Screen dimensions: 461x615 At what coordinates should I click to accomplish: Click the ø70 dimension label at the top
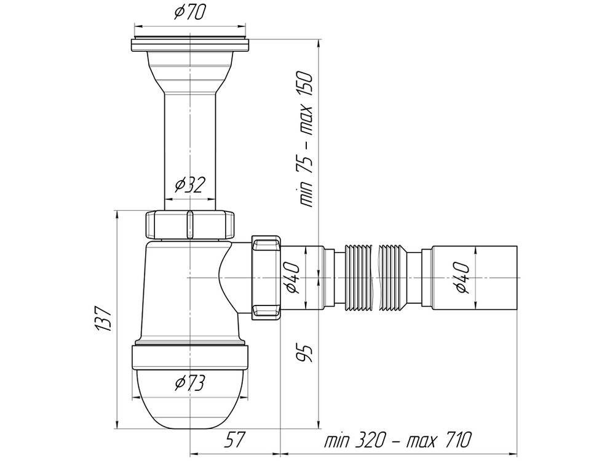click(190, 12)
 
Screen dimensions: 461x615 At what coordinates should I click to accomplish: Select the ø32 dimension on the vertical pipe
click(189, 184)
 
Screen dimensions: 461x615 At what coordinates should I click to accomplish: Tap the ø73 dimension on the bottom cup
click(189, 384)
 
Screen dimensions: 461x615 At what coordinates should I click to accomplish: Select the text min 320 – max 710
click(398, 440)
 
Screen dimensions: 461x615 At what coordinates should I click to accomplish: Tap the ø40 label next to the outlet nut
click(292, 277)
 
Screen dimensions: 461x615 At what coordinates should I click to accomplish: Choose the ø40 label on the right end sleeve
click(462, 277)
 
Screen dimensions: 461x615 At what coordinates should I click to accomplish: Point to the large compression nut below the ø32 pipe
click(189, 224)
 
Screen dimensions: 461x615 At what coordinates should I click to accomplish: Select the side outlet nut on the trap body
click(266, 277)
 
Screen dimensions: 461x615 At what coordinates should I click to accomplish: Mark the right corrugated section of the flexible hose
click(394, 277)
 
